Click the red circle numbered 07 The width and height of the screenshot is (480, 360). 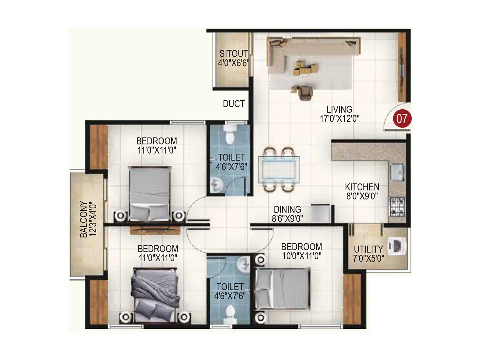(x=402, y=119)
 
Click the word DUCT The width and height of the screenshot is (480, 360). (x=234, y=104)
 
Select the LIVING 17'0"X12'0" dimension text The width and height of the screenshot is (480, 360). (x=339, y=114)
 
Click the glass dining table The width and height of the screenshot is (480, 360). (x=278, y=170)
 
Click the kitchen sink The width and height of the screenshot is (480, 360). (x=397, y=172)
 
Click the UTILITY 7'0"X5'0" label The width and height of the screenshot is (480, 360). (x=368, y=254)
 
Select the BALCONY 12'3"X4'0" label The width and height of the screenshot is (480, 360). (x=88, y=219)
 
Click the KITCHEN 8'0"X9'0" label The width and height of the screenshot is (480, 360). (x=362, y=191)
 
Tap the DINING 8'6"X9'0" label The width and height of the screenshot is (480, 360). (x=287, y=214)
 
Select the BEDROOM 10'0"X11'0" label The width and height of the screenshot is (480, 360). (x=301, y=251)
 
